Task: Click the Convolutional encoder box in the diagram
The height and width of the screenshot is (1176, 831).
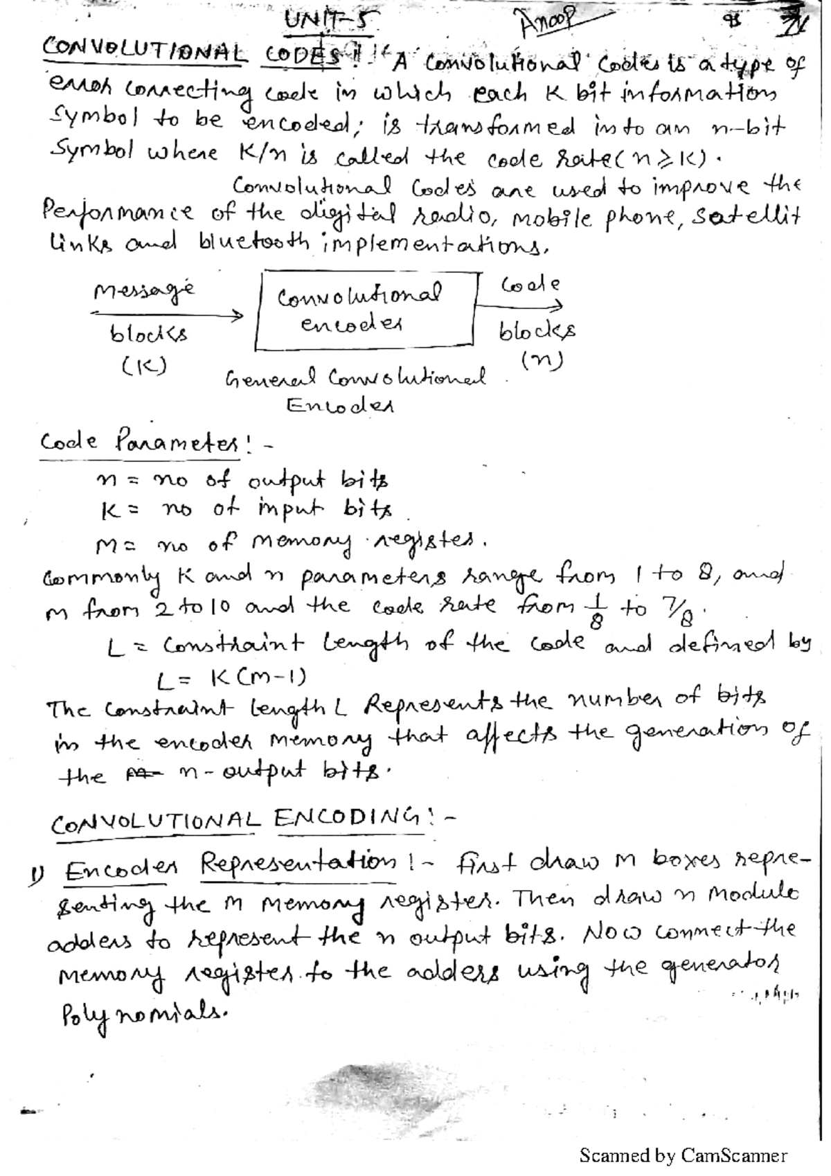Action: [366, 310]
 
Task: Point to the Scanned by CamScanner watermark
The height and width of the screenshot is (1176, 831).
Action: [683, 1155]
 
